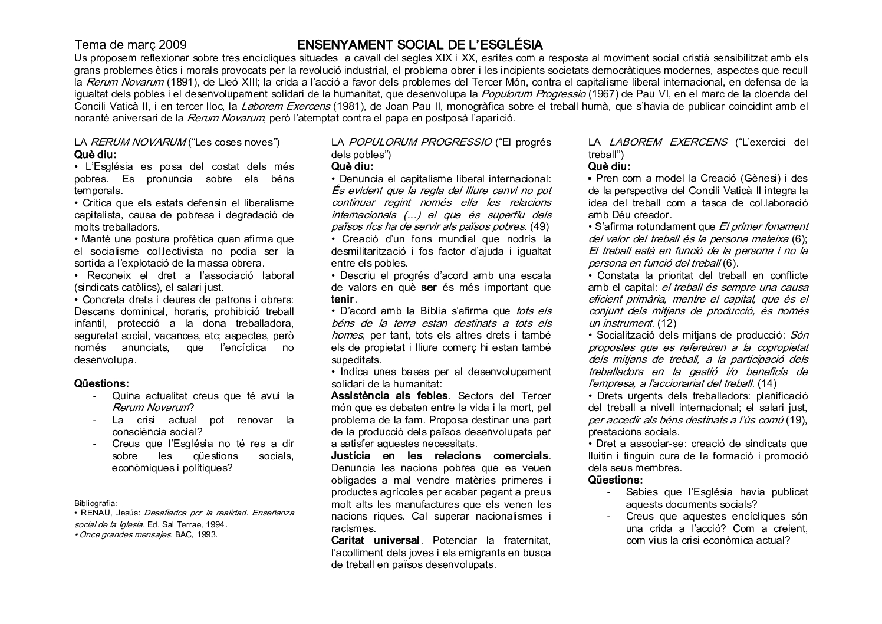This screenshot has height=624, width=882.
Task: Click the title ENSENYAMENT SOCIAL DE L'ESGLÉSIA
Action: click(419, 45)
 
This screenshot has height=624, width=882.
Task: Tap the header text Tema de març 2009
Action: click(130, 45)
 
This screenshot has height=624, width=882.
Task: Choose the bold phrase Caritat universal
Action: click(375, 540)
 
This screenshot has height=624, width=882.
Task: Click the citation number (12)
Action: click(666, 323)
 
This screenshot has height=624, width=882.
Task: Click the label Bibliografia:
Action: click(96, 503)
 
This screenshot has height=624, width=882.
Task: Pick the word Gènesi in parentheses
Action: click(756, 179)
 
